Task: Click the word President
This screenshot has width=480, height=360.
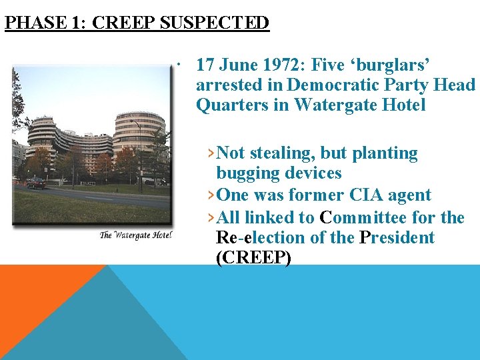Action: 396,237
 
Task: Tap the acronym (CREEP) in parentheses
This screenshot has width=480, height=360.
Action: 254,258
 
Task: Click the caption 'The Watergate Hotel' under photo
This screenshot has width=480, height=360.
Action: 136,235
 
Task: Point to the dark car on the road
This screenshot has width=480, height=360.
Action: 35,183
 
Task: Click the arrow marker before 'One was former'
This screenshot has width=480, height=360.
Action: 211,195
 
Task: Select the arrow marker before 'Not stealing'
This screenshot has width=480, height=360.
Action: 211,153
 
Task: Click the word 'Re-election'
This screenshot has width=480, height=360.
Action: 259,237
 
